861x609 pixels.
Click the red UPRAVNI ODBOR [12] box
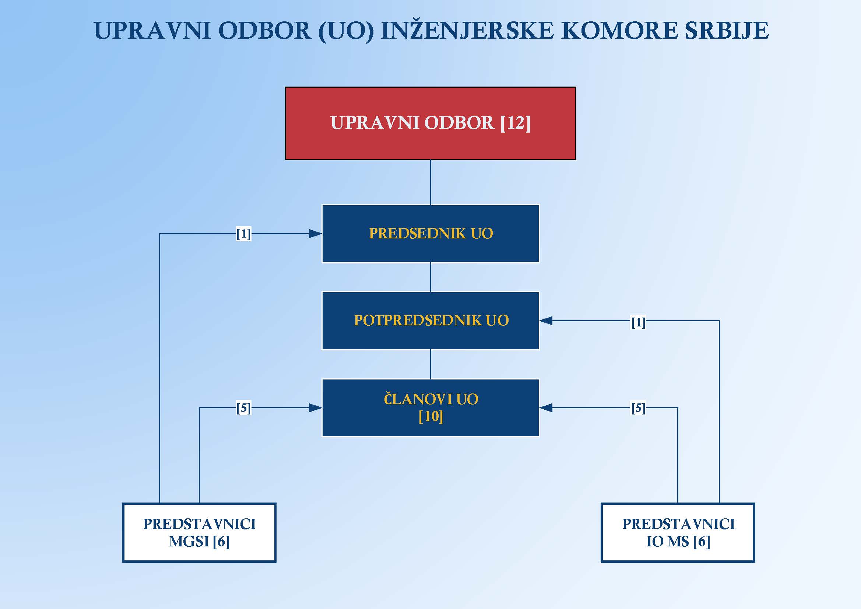point(430,123)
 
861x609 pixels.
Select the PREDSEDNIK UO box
point(430,233)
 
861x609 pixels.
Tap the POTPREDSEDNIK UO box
point(430,321)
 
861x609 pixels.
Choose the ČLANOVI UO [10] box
point(430,408)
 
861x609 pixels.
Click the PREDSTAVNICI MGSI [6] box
point(200,532)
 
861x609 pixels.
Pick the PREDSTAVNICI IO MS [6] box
point(678,532)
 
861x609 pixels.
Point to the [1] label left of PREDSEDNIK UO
point(243,234)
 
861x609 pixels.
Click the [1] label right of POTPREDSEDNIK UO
point(638,322)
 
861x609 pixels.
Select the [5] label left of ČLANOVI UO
point(243,408)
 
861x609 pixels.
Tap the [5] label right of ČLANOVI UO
point(638,408)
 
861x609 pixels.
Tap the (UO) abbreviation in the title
point(346,31)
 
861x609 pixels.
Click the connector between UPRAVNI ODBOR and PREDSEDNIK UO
point(430,182)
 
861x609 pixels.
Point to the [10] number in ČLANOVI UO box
point(430,416)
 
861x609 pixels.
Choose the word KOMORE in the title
point(619,31)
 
